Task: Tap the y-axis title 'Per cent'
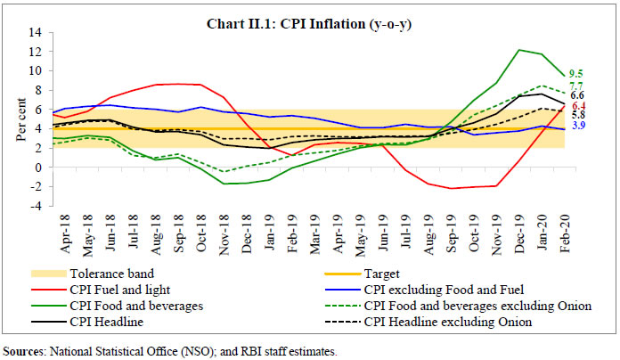12,119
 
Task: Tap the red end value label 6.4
577,106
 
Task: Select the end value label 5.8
577,116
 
